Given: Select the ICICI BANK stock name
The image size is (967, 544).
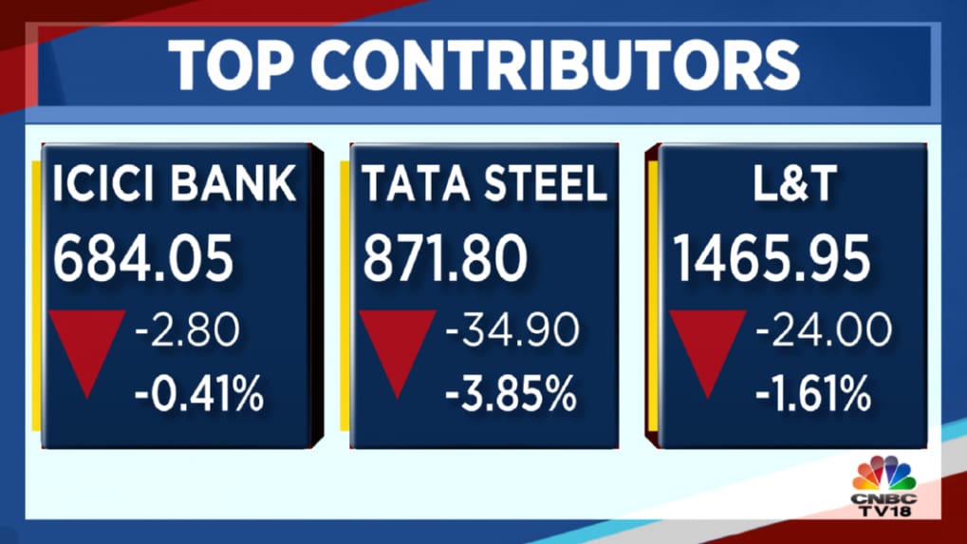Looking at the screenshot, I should tap(176, 185).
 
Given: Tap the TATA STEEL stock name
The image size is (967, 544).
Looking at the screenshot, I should tap(484, 185).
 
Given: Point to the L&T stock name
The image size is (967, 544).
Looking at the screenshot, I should tap(791, 185).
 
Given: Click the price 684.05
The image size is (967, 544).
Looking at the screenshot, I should tap(142, 258).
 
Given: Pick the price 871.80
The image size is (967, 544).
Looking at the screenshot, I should tap(444, 258).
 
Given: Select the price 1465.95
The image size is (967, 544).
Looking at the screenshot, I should tap(772, 258).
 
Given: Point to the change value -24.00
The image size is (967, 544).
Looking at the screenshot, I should tap(824, 331).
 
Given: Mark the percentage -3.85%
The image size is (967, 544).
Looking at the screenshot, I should tap(508, 393).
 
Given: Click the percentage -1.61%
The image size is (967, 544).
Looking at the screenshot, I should tap(812, 393).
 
